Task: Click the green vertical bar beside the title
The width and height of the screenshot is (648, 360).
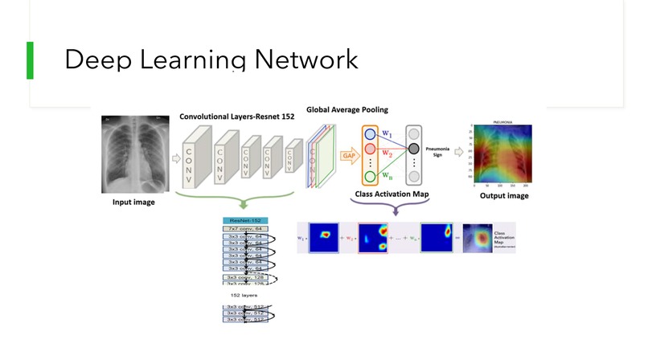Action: tap(30, 60)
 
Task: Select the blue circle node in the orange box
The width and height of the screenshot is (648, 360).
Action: tap(370, 133)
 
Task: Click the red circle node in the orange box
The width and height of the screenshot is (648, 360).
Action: tap(370, 149)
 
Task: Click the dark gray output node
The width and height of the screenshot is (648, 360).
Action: tap(414, 149)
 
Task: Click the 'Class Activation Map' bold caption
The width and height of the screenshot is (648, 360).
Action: tap(391, 195)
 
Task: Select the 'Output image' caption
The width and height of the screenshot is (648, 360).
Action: tap(504, 195)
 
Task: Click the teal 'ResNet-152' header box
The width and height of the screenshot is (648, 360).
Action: tap(245, 219)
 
